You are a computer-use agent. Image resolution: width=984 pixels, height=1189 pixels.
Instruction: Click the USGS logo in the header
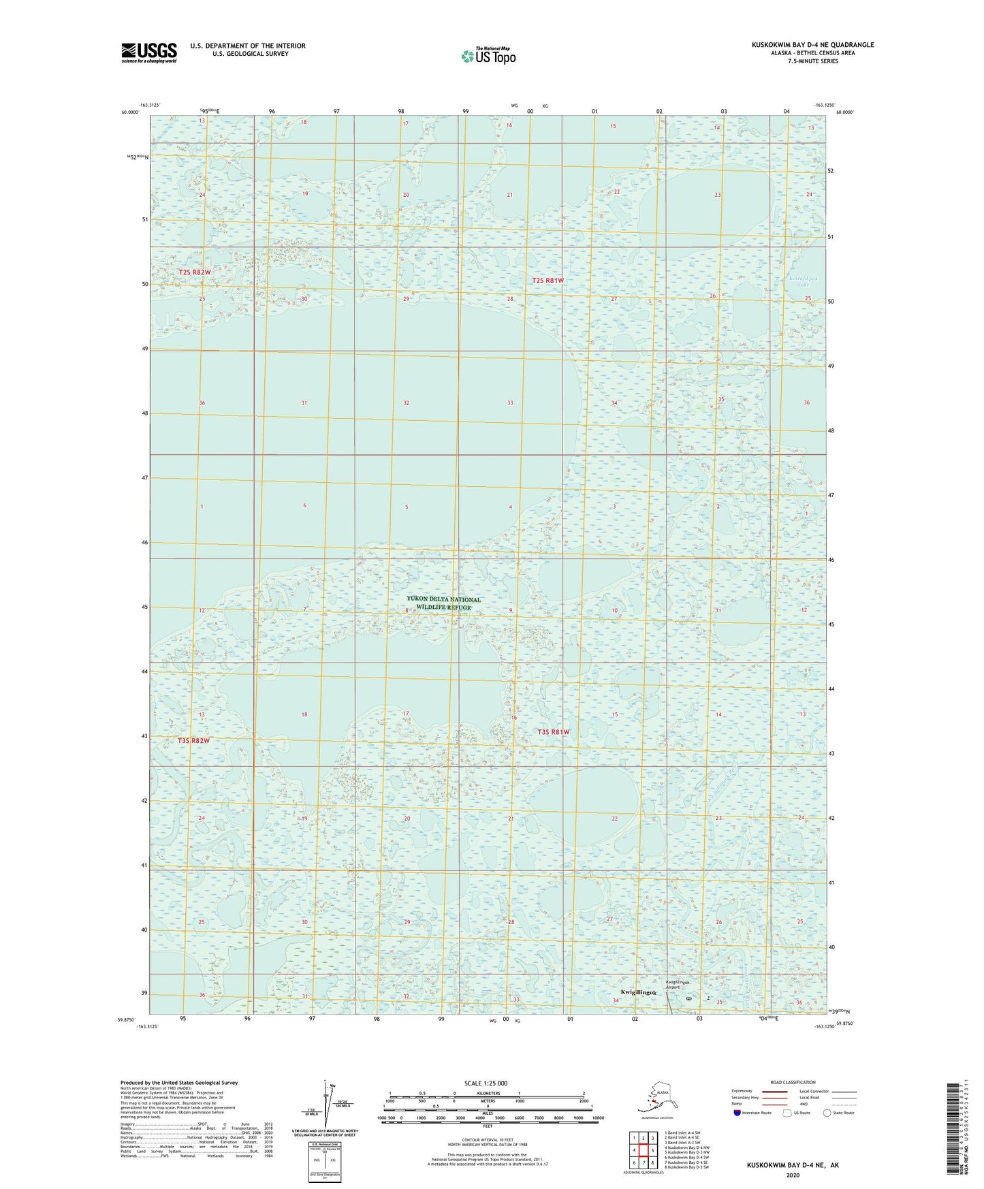click(149, 52)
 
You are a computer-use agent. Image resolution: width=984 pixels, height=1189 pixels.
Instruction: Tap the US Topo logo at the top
click(488, 56)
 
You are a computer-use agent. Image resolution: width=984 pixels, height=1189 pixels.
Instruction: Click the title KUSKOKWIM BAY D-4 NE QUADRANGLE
click(812, 45)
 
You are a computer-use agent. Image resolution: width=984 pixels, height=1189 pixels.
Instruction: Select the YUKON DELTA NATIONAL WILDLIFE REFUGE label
click(443, 603)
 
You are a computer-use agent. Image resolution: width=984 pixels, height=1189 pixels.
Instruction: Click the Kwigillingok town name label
click(639, 993)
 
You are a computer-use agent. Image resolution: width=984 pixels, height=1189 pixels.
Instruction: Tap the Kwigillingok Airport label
click(678, 985)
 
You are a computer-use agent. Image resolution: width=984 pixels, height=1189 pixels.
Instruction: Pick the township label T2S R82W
click(195, 272)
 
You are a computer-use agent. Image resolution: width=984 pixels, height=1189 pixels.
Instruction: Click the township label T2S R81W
click(547, 281)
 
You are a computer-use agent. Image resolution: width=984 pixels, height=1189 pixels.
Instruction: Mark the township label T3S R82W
click(193, 740)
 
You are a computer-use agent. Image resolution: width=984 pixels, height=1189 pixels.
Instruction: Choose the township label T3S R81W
click(553, 732)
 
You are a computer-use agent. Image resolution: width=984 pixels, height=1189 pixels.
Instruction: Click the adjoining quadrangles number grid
click(643, 1150)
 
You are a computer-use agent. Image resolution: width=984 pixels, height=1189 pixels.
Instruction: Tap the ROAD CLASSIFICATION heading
click(793, 1082)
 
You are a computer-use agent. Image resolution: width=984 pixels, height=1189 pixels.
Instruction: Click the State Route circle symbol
click(827, 1113)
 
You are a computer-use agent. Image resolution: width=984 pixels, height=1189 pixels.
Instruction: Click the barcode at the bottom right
click(954, 1131)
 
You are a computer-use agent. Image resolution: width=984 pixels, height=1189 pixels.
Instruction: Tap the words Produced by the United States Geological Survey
click(179, 1082)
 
